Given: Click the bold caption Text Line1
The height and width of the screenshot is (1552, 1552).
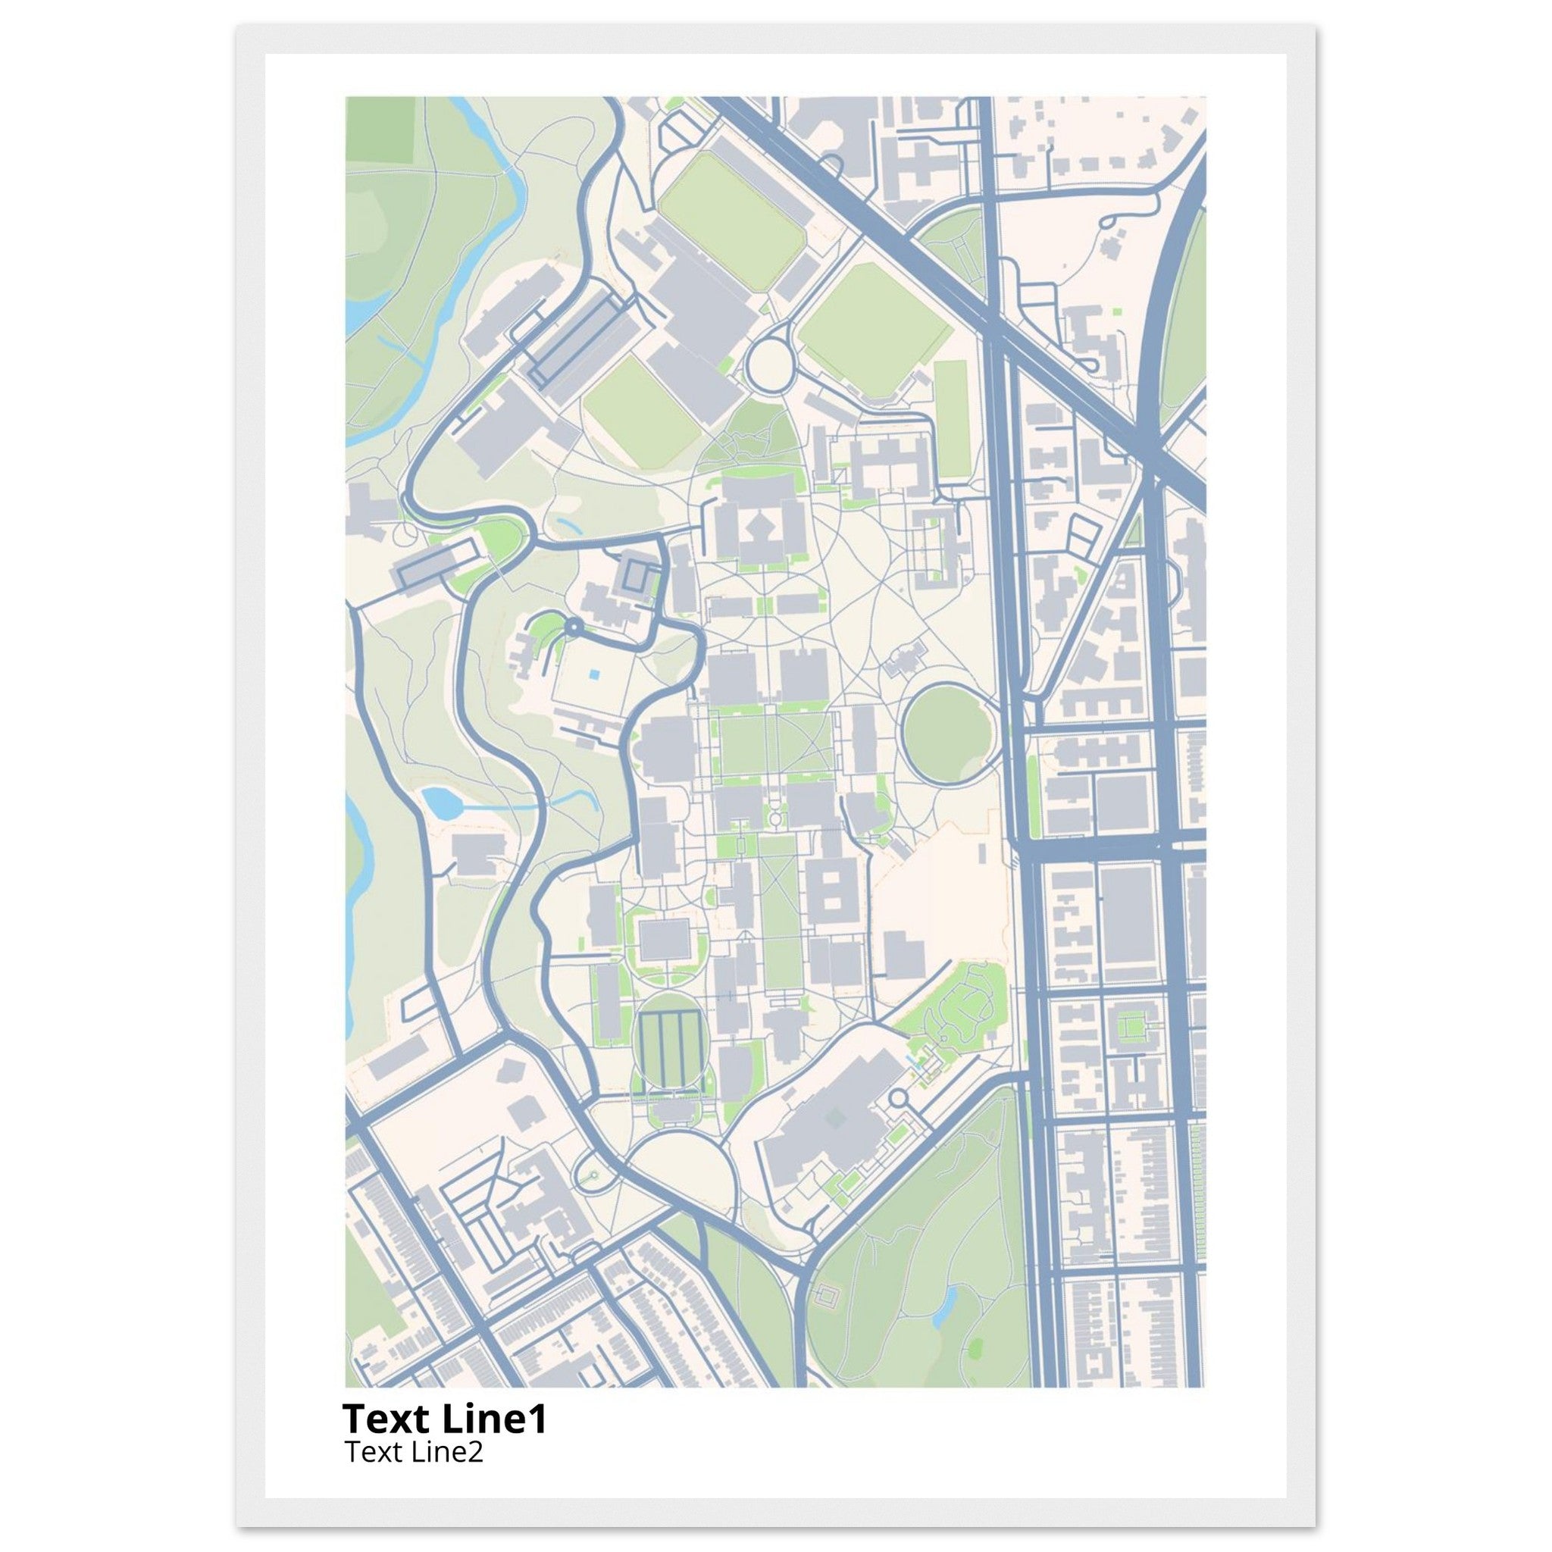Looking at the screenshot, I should pos(444,1419).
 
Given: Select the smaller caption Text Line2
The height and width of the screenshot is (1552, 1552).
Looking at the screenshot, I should pos(413,1451).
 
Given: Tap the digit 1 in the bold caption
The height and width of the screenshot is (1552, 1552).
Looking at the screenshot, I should pos(537,1419).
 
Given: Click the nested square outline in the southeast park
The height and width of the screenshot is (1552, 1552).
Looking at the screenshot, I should pos(826,1297).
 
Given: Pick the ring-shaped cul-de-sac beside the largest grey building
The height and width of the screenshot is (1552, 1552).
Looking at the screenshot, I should pos(898,1097).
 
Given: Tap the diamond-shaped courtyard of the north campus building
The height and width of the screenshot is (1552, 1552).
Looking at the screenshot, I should pos(759,527).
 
